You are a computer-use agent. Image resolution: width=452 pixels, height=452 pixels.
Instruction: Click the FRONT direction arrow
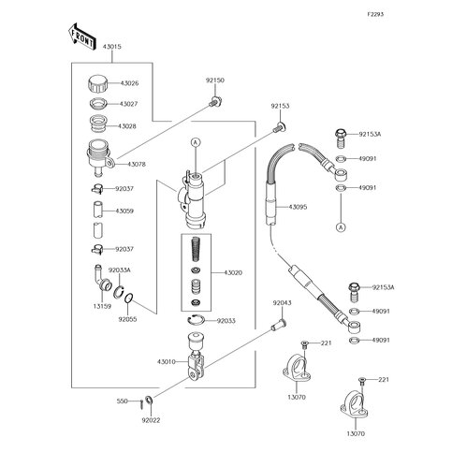[x=80, y=36]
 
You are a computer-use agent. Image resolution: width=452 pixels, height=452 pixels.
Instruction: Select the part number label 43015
[x=112, y=47]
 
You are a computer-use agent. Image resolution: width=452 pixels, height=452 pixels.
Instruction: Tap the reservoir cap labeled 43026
[x=97, y=83]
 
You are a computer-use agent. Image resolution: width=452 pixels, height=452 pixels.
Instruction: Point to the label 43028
[x=127, y=126]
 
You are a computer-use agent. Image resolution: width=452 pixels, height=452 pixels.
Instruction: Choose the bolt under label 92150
[x=215, y=101]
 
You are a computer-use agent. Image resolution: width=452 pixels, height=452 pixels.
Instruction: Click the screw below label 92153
[x=280, y=127]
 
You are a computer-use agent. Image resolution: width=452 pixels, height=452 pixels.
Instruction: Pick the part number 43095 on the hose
[x=298, y=207]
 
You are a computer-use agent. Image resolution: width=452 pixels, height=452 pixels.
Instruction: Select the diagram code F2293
[x=375, y=14]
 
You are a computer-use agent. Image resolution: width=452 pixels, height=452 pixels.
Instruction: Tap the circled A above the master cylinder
[x=196, y=142]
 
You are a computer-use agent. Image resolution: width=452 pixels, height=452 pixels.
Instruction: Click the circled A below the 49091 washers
[x=341, y=227]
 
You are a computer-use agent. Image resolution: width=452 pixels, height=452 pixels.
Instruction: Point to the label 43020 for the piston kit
[x=233, y=273]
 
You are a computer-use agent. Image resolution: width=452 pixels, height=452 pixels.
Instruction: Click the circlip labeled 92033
[x=196, y=320]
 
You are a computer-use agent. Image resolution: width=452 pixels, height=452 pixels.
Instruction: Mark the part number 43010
[x=167, y=362]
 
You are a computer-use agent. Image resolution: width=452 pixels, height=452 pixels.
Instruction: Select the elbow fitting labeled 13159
[x=102, y=277]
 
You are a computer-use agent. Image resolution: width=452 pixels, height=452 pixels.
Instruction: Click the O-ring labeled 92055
[x=129, y=299]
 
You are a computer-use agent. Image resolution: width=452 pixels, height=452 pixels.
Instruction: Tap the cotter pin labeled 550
[x=141, y=403]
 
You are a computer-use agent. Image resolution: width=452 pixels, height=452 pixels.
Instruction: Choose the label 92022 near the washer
[x=151, y=420]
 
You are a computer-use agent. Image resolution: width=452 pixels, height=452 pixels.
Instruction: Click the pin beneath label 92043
[x=279, y=324]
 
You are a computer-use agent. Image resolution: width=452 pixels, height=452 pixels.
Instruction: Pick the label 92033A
[x=119, y=270]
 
